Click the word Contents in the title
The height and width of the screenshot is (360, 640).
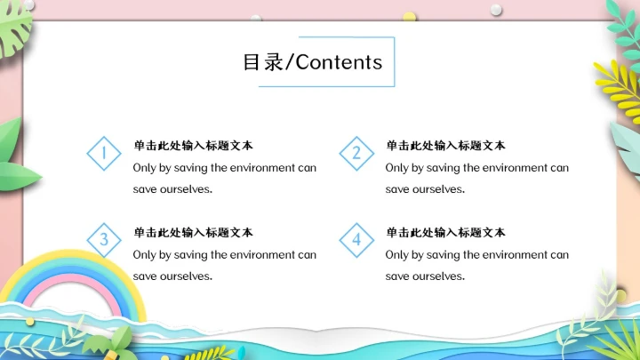[339, 61]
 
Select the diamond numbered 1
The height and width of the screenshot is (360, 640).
[104, 154]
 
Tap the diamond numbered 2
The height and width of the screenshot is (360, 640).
[356, 154]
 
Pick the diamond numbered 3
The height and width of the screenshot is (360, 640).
[104, 239]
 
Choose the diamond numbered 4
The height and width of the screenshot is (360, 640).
[356, 239]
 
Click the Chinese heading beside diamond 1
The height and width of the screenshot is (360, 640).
[193, 145]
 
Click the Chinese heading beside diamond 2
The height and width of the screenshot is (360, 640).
[445, 145]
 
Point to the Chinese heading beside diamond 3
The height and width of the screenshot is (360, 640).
[193, 232]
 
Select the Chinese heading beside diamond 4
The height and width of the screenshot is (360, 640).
[445, 232]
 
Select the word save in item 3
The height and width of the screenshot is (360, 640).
[145, 276]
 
